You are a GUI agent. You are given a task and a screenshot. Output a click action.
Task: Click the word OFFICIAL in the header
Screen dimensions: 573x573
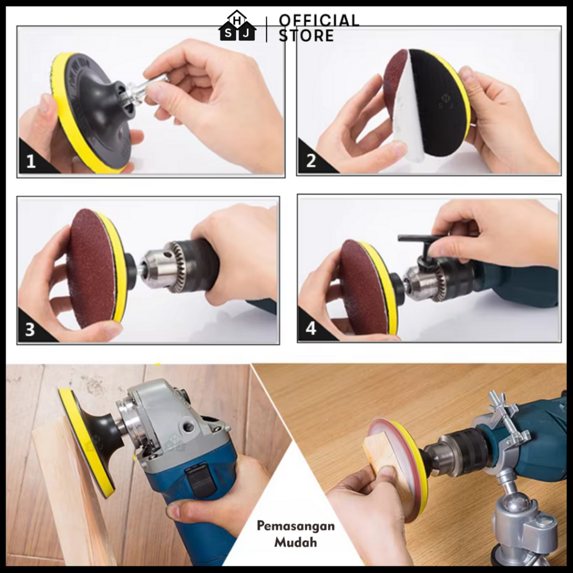click(319, 21)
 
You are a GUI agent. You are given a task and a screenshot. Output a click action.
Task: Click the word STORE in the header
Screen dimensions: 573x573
click(306, 35)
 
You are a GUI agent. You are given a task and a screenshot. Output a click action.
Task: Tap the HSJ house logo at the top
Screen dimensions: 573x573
click(237, 26)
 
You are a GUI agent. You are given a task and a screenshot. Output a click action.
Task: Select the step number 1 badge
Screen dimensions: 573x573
click(31, 161)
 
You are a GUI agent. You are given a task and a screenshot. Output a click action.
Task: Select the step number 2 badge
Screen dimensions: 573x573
click(311, 161)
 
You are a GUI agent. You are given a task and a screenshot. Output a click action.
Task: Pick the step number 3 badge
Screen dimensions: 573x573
click(30, 329)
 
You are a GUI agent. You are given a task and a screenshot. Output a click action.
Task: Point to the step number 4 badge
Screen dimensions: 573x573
click(311, 328)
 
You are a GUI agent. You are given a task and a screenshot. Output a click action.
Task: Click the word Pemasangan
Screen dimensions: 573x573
click(295, 526)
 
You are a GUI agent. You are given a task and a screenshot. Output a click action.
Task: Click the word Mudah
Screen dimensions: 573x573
click(295, 542)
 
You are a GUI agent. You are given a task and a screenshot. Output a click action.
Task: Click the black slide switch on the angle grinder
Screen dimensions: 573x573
click(200, 480)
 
